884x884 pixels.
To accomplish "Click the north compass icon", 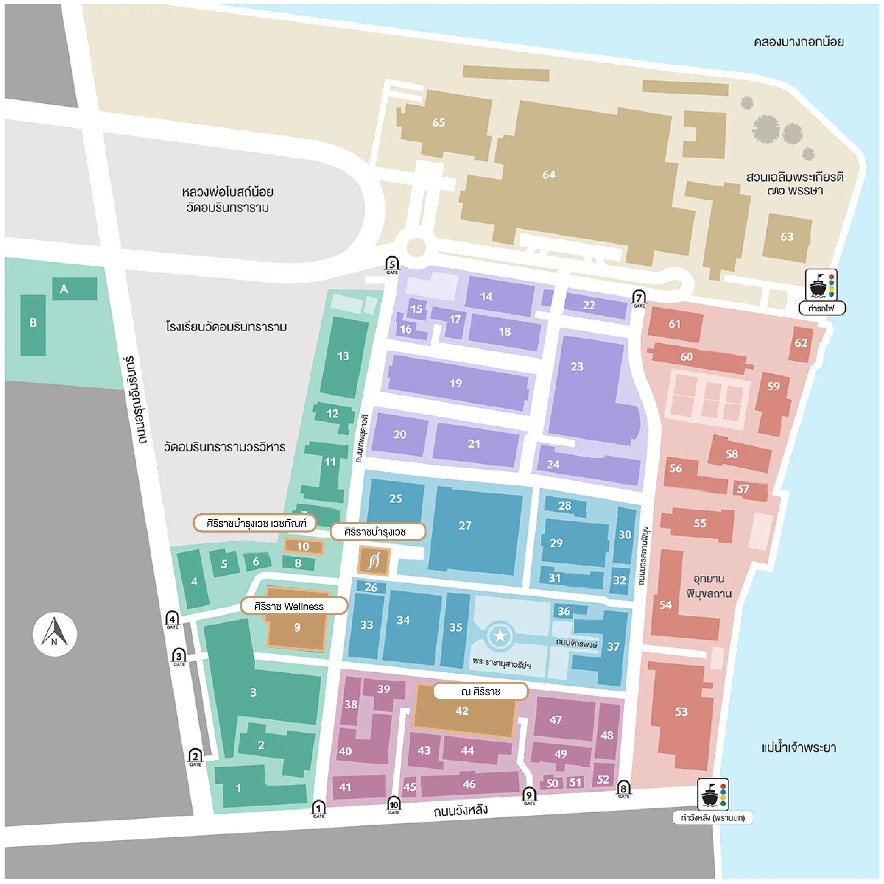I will (54, 634).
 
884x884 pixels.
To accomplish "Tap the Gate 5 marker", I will (392, 264).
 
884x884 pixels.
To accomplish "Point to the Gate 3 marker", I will (179, 657).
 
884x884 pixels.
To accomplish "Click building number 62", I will (801, 343).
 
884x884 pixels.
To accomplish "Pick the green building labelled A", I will (74, 289).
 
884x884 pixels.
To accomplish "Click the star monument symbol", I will (500, 636).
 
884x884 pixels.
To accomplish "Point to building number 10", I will (303, 546).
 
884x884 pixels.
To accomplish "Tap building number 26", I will (371, 587).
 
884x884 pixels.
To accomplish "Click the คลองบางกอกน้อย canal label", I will (798, 42).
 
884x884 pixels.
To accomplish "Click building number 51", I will (575, 783).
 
